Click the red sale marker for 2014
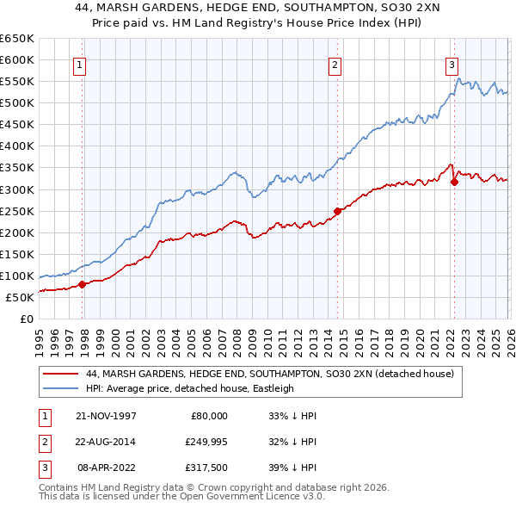pos(337,210)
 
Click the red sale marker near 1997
pos(83,283)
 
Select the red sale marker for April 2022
pos(454,181)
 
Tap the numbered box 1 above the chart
pos(79,64)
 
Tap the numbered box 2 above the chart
pos(335,64)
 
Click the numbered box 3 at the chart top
pos(451,64)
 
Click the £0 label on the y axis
pos(26,319)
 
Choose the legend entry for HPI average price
pos(189,388)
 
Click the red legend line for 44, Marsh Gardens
pos(60,374)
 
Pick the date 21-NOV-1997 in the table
pos(105,415)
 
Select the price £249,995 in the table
pos(206,442)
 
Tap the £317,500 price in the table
pos(206,469)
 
